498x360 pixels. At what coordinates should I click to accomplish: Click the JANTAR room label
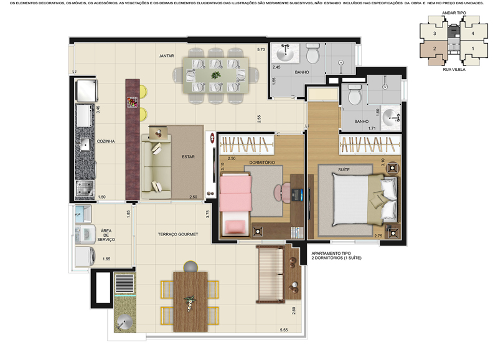tap(166, 55)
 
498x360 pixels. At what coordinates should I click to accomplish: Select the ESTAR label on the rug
tap(188, 157)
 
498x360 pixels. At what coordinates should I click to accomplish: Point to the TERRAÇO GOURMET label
tap(178, 234)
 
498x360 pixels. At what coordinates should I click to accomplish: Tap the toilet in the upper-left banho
tap(312, 56)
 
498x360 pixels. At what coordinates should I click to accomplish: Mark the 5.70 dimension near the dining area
tap(261, 49)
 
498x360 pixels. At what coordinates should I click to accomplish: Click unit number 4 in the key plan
tap(472, 33)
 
